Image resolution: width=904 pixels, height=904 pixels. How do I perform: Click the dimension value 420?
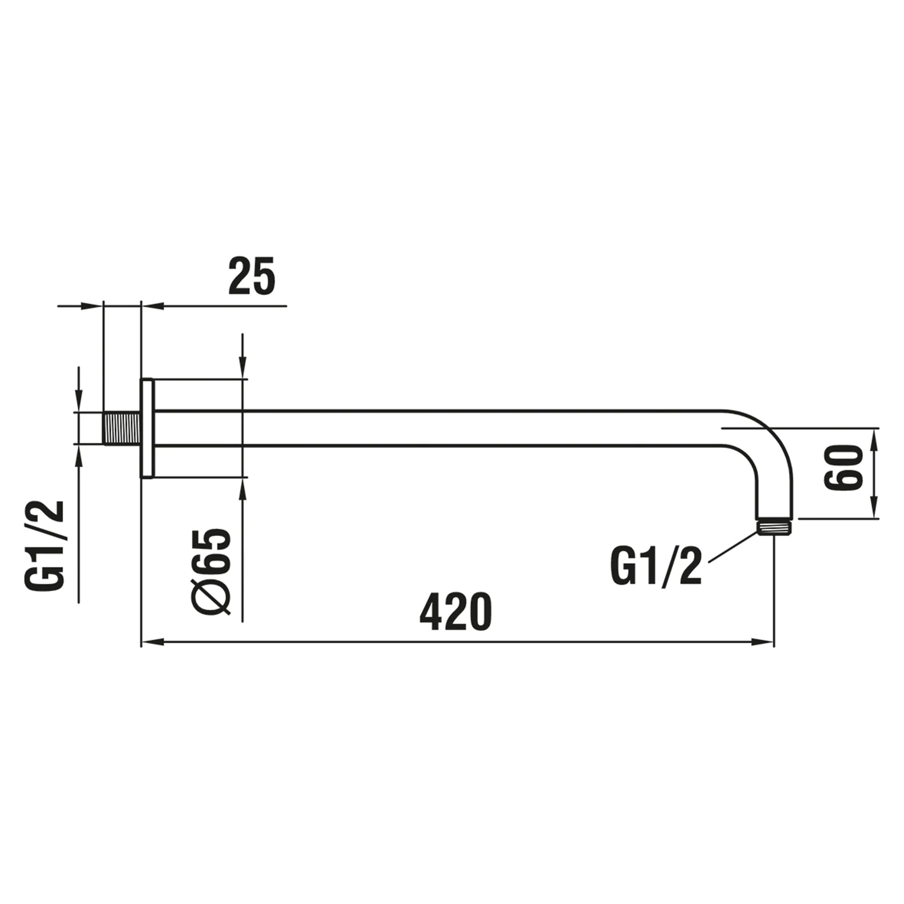tap(456, 612)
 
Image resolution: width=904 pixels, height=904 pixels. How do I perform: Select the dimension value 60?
tap(843, 474)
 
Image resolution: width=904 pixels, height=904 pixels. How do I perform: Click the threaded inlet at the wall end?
tap(121, 428)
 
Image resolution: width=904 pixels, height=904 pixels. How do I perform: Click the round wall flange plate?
tap(147, 428)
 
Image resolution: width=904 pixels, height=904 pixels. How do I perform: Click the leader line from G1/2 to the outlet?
tap(733, 547)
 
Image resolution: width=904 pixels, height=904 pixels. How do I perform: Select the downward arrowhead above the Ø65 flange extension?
tap(242, 368)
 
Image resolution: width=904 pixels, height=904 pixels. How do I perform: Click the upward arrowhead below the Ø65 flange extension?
tap(242, 489)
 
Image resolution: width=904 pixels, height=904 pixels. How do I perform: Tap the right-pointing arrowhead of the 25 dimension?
tap(92, 306)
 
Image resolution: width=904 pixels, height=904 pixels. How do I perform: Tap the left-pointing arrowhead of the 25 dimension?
tap(151, 306)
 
